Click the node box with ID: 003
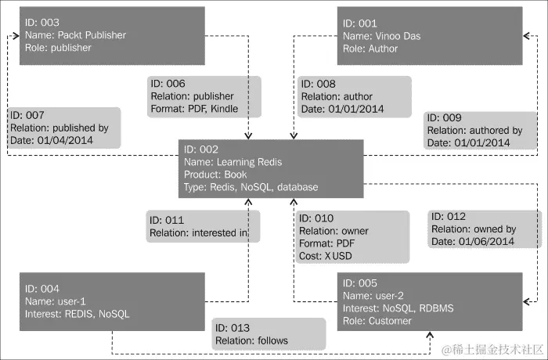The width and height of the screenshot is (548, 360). [113, 36]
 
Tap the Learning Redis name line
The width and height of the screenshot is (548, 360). [233, 162]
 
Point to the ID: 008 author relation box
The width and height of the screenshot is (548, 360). [354, 95]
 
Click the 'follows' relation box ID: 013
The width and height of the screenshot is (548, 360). [268, 333]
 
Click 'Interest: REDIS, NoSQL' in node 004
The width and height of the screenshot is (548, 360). [78, 314]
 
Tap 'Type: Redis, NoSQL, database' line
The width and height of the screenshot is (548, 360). [251, 188]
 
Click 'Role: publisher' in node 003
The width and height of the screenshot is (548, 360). [58, 48]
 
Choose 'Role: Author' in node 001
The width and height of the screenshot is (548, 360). [370, 49]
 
